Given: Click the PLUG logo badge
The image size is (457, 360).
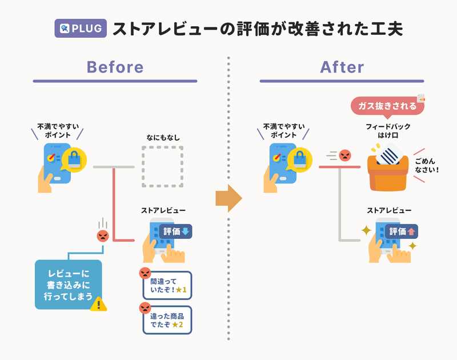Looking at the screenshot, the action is tap(81, 28).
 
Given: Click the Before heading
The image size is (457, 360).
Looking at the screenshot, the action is tap(115, 67).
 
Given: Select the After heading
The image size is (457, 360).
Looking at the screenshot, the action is tap(342, 67).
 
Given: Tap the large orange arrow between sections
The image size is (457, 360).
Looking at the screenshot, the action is tap(229, 198).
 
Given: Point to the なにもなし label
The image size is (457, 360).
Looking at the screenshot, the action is tap(163, 138).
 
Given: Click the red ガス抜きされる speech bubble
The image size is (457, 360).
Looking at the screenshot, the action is tap(387, 107).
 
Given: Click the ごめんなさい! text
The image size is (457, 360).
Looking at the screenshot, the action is tap(427, 165).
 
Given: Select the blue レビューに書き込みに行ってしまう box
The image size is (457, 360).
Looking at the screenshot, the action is tap(68, 285).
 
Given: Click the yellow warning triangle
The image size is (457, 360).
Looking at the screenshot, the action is tap(98, 304).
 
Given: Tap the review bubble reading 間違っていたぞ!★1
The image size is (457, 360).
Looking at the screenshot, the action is tap(167, 285).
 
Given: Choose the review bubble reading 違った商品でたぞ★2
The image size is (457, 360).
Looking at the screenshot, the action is tap(167, 320).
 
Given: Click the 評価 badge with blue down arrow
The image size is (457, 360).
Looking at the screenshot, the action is tap(175, 231).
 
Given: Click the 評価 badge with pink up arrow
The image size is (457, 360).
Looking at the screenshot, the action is tap(402, 232).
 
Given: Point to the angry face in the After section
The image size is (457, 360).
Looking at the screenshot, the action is tap(345, 155).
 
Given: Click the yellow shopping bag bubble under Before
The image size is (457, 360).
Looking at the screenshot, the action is tap(74, 160).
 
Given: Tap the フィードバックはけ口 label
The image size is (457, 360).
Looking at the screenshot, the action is tap(388, 131).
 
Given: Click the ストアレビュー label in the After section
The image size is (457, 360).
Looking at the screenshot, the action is tap(389, 210).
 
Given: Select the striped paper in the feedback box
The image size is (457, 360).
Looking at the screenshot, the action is tap(390, 155).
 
